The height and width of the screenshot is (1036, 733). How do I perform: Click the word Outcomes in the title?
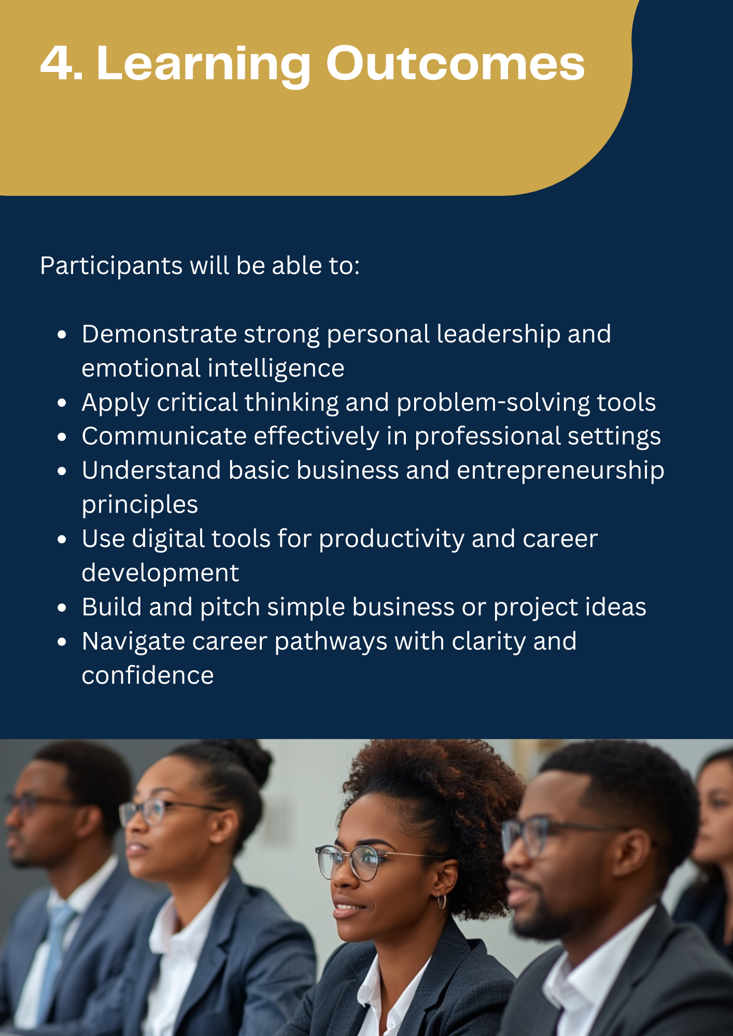click(455, 63)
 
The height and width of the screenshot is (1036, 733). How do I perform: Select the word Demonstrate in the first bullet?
click(159, 334)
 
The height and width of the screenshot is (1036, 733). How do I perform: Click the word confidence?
click(148, 675)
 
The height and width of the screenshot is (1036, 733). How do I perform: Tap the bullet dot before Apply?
click(62, 403)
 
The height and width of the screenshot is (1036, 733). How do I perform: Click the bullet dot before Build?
click(62, 608)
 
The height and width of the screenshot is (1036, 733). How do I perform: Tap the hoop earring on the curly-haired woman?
click(442, 901)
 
